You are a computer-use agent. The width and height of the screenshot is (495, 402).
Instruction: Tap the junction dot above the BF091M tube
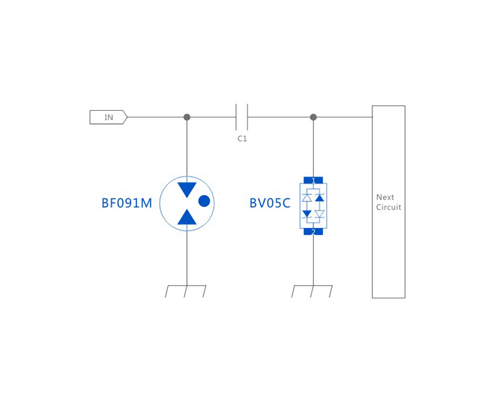[187, 117]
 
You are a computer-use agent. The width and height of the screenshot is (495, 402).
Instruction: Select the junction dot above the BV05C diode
[314, 117]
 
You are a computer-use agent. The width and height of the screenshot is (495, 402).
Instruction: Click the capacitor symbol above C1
[242, 117]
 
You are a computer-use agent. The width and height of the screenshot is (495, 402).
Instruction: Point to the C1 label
[242, 139]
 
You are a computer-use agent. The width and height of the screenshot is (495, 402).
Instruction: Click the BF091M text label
[127, 203]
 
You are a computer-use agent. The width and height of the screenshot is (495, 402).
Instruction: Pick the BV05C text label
[270, 203]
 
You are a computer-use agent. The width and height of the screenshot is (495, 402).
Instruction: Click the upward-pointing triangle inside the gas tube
[187, 217]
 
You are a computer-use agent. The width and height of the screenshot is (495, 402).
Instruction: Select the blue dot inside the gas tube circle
[204, 201]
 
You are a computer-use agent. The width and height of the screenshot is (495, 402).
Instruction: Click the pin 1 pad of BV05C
[314, 180]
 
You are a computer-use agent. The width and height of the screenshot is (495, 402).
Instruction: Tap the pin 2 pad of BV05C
[314, 232]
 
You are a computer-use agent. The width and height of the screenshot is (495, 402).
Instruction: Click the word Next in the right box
[385, 197]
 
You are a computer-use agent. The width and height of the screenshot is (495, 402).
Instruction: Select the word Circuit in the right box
[389, 207]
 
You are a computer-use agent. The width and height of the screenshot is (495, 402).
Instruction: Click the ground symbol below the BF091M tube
[186, 291]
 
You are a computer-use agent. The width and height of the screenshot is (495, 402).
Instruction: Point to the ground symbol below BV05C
[312, 291]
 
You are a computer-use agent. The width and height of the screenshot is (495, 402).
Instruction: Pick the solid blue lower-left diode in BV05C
[307, 213]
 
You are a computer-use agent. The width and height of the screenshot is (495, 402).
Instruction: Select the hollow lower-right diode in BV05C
[319, 213]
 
